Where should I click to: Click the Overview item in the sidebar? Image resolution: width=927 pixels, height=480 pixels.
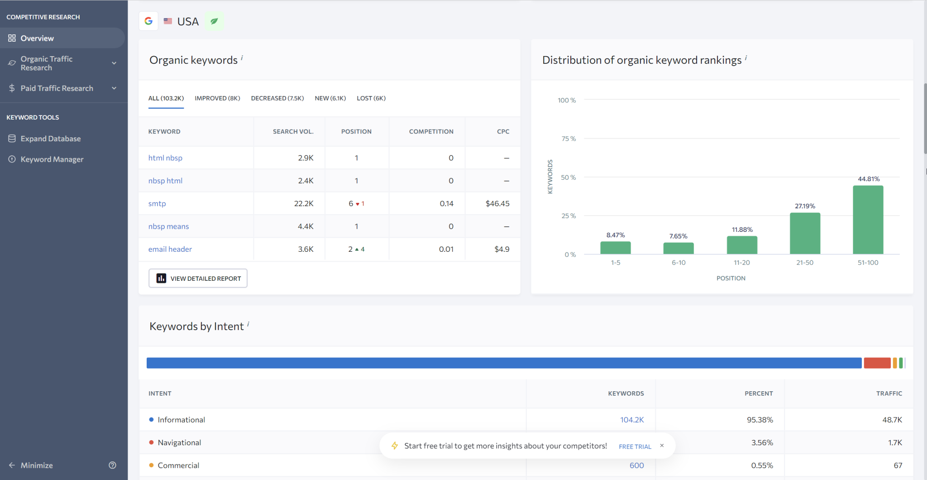point(37,38)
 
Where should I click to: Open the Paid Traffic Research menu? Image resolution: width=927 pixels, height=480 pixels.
point(57,88)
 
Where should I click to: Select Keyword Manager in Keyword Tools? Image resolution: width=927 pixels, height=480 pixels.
point(52,159)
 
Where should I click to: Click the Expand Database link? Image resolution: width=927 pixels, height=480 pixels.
point(50,139)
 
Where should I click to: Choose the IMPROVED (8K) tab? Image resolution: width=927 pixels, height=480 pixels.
point(217,98)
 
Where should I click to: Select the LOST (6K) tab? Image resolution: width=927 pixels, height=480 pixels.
point(371,98)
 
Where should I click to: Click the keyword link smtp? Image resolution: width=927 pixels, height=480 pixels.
point(157,204)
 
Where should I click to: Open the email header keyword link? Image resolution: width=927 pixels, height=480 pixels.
point(170,249)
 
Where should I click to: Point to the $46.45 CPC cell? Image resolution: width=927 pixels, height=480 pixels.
point(497,204)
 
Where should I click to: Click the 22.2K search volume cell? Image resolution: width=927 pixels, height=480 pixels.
point(303,204)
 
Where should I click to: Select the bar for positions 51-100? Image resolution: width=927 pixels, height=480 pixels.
point(868,220)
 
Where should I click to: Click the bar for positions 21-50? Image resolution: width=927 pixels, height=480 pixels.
point(805,234)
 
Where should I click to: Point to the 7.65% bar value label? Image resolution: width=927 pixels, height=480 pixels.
point(678,236)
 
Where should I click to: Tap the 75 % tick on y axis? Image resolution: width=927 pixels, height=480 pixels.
point(569,139)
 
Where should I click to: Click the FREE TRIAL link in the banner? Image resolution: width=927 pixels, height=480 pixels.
point(635,446)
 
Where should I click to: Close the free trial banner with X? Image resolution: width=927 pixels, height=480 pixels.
point(662,446)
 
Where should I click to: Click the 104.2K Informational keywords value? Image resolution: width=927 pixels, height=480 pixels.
point(631,420)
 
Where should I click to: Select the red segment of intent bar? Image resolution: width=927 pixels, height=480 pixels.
point(877,363)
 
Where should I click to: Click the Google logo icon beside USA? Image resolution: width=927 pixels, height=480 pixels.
point(148,21)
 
